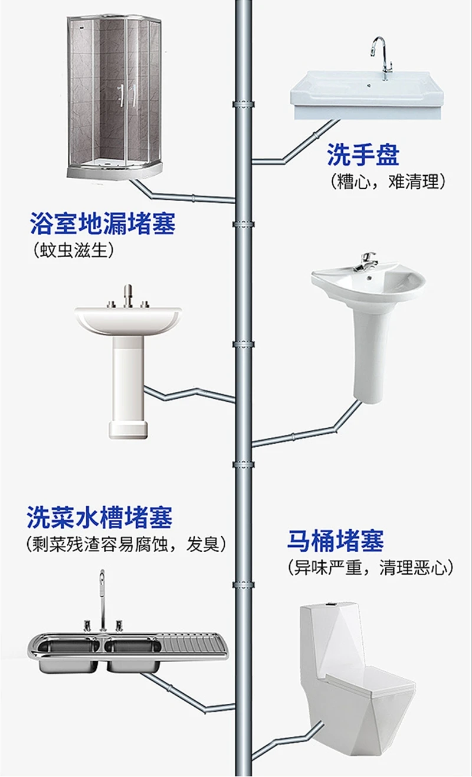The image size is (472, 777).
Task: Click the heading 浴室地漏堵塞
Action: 103,225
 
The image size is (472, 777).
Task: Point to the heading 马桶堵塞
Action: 335,540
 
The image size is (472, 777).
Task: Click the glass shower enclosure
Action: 115,97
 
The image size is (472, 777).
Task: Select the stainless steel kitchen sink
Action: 127,651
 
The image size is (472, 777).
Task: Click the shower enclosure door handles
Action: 126,97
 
